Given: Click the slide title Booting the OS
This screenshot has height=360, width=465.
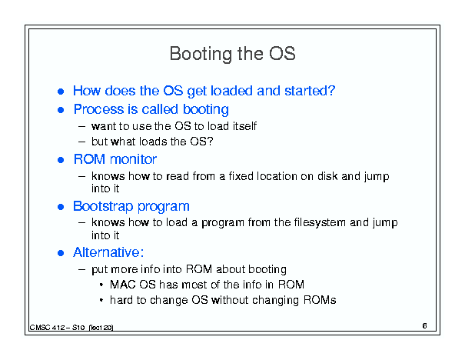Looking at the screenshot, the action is [232, 54].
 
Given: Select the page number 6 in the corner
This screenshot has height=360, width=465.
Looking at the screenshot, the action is [425, 325].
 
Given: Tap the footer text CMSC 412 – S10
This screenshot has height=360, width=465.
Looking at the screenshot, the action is [57, 328].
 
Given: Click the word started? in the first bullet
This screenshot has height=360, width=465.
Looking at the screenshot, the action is [310, 91].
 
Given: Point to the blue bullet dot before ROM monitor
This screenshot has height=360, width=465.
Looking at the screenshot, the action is [61, 160].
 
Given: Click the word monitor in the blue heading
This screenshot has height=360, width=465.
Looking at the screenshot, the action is [133, 159].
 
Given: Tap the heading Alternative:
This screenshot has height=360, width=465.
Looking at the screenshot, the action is [108, 252].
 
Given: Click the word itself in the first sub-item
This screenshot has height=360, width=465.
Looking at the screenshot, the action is [244, 126].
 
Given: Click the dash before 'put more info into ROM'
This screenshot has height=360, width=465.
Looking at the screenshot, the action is [82, 269].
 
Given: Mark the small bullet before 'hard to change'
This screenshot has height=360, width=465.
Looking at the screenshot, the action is [101, 300].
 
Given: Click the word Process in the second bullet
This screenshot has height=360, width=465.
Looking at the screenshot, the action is [99, 109].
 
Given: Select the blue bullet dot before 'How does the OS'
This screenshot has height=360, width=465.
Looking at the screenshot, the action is [61, 92].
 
